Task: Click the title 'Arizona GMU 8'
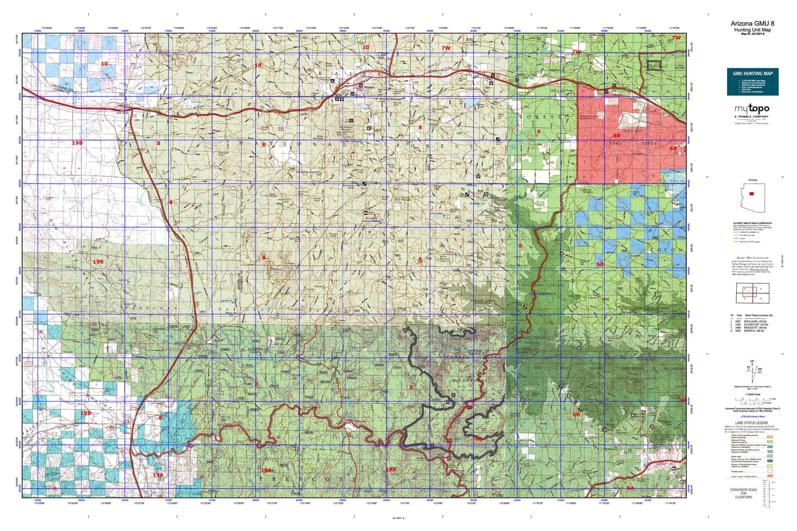pyautogui.click(x=752, y=23)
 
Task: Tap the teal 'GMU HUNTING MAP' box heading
pyautogui.click(x=752, y=73)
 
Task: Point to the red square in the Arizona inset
pyautogui.click(x=751, y=194)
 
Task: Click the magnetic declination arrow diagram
pyautogui.click(x=752, y=367)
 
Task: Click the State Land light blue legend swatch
pyautogui.click(x=769, y=456)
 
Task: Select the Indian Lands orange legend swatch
pyautogui.click(x=769, y=476)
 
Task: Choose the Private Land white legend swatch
pyautogui.click(x=769, y=471)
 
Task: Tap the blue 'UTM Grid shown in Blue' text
pyautogui.click(x=752, y=416)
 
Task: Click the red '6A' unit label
pyautogui.click(x=630, y=488)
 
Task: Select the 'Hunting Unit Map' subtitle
pyautogui.click(x=752, y=30)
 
